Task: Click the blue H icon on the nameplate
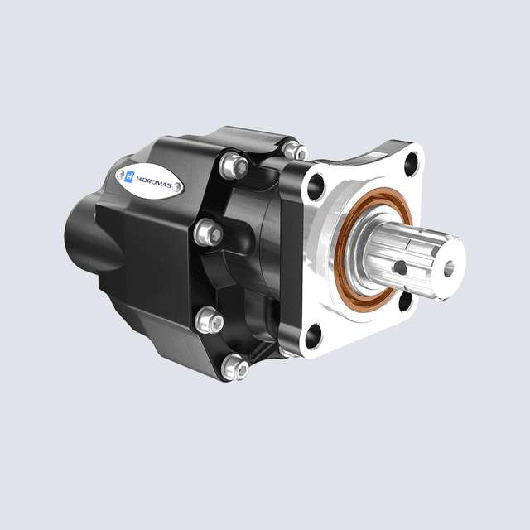pyautogui.click(x=130, y=175)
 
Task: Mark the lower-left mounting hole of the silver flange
pyautogui.click(x=313, y=335)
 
